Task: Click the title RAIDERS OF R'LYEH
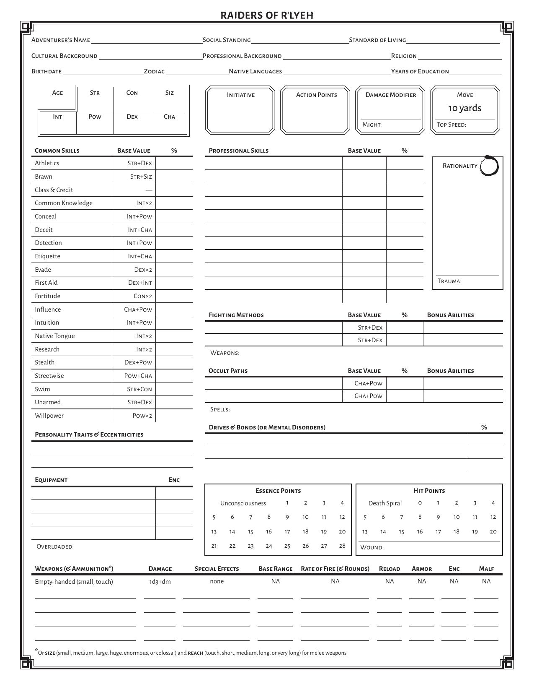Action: point(267,16)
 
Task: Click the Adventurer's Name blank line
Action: point(147,41)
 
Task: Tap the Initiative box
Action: point(240,110)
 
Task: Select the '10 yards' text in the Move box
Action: point(464,108)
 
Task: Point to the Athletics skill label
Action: point(47,163)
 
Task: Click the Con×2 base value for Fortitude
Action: point(143,296)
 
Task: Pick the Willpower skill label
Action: point(49,416)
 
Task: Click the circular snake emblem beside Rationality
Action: point(489,166)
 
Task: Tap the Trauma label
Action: point(449,281)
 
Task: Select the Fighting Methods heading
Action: point(236,315)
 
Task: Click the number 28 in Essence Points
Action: point(342,546)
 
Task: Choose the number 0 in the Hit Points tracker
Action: point(420,503)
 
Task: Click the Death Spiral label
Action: point(385,503)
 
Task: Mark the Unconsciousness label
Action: point(243,503)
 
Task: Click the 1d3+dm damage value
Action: point(160,582)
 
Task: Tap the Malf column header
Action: point(486,569)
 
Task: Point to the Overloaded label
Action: point(55,546)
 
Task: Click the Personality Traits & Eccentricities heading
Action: point(89,434)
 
